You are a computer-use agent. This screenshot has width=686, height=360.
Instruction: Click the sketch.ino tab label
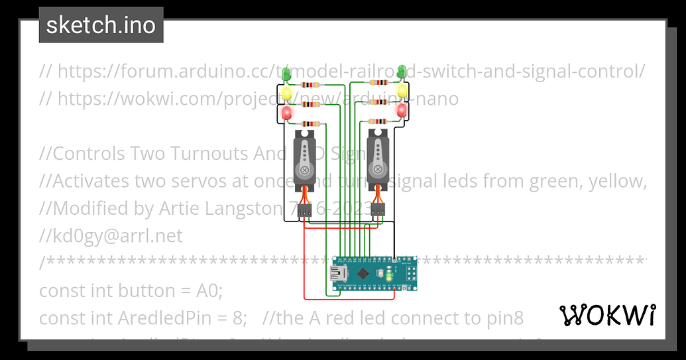click(101, 25)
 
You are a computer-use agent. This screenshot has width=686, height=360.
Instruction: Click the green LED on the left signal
click(286, 74)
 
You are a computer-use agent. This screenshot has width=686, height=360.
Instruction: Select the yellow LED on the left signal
click(287, 93)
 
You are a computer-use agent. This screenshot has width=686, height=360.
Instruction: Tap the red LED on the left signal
click(287, 114)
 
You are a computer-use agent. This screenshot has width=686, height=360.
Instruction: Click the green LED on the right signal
click(402, 70)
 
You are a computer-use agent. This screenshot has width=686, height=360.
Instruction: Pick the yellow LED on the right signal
click(402, 90)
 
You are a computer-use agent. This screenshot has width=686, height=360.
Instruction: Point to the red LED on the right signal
click(402, 111)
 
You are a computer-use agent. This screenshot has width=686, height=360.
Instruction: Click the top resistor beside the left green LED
click(310, 85)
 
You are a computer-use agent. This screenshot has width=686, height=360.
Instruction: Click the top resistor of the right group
click(379, 82)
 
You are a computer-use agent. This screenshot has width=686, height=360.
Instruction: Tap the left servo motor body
click(304, 159)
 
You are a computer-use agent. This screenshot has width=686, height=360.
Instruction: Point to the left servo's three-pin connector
click(304, 211)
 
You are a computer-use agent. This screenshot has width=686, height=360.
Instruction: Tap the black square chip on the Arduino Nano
click(364, 272)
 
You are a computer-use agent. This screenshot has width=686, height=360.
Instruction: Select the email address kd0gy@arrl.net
click(111, 236)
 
